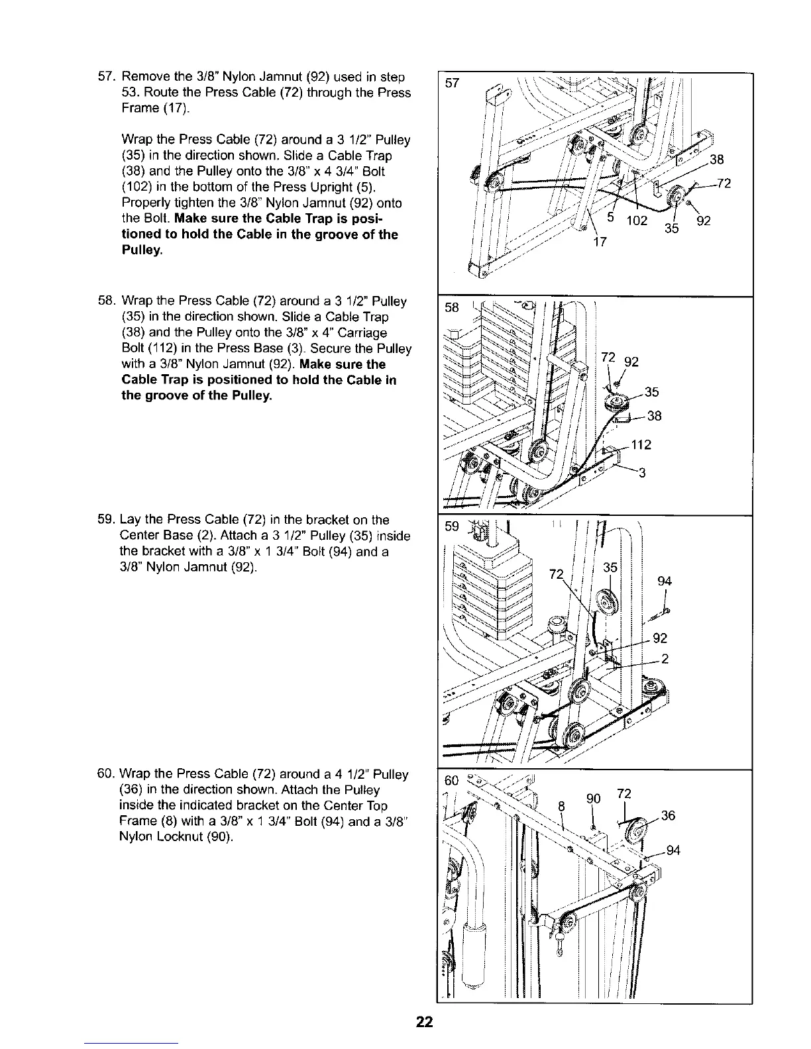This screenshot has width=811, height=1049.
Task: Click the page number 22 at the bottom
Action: click(424, 1022)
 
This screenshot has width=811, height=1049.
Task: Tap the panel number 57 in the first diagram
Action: click(452, 85)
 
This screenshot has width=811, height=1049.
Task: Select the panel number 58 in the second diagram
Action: click(452, 309)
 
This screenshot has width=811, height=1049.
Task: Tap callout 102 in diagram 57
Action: click(636, 221)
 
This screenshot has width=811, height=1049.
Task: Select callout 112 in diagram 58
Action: click(641, 445)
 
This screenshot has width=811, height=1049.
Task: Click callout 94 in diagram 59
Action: click(665, 581)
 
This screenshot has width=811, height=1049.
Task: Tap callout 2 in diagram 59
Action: click(665, 658)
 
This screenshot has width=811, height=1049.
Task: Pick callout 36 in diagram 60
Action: click(668, 816)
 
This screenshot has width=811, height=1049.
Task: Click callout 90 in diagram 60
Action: click(593, 799)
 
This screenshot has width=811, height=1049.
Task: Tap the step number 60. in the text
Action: click(107, 774)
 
